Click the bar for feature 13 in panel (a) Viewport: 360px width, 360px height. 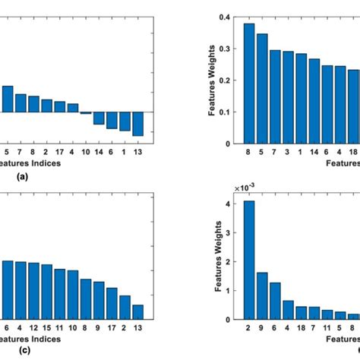137,124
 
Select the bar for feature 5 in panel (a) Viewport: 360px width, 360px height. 8,99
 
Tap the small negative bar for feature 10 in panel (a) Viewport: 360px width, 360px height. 86,113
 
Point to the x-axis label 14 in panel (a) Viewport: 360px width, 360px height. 99,152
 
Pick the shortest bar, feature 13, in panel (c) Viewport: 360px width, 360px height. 137,312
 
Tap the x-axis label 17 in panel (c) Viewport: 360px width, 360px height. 112,328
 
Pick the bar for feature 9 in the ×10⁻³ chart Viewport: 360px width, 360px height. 262,295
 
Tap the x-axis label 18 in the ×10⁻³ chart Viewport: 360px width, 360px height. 301,328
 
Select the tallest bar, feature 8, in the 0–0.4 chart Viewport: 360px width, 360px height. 249,84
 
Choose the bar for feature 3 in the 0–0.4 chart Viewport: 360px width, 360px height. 288,97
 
